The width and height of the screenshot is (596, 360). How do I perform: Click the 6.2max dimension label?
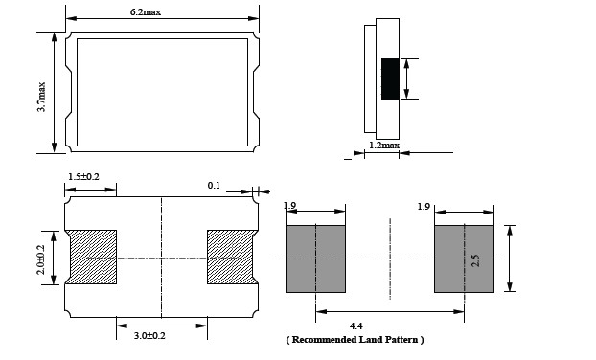click(x=146, y=12)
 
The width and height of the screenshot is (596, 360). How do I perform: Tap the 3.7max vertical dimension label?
click(x=41, y=97)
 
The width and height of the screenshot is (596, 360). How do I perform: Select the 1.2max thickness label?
click(x=384, y=146)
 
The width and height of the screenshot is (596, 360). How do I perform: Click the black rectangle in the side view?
click(x=390, y=79)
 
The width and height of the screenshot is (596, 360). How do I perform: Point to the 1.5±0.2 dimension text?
click(x=83, y=176)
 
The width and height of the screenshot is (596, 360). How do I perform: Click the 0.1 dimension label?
click(x=214, y=186)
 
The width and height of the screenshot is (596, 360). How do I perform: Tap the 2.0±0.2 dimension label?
click(x=41, y=259)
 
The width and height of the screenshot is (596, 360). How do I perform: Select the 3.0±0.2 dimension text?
click(x=149, y=336)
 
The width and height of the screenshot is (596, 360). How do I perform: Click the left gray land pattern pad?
click(x=315, y=259)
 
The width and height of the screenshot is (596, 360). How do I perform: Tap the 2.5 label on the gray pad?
click(x=475, y=260)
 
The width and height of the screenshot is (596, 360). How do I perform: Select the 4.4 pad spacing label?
click(x=355, y=326)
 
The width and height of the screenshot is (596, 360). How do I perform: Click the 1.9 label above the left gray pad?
click(x=289, y=206)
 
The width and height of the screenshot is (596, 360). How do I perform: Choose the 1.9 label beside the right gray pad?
click(x=424, y=207)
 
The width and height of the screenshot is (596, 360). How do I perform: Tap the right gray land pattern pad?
click(x=464, y=259)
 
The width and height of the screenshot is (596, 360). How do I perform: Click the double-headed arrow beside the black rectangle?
click(x=406, y=79)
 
